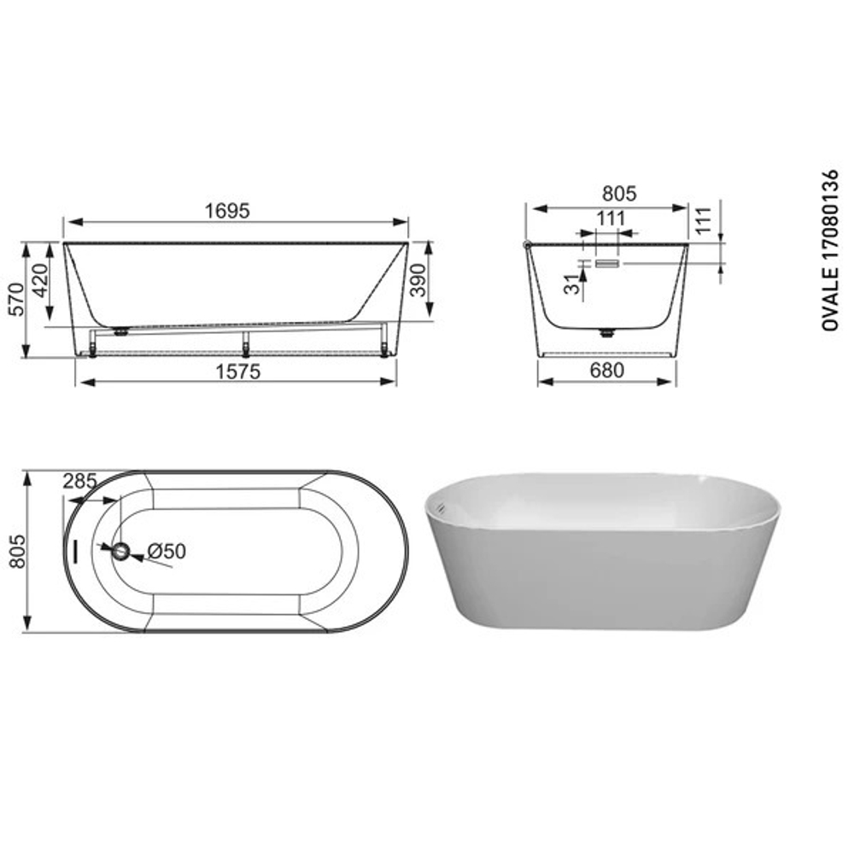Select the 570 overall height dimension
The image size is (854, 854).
[x=15, y=299]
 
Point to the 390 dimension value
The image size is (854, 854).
[x=419, y=278]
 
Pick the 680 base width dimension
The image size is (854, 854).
[x=605, y=370]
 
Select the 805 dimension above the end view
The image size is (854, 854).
[x=618, y=195]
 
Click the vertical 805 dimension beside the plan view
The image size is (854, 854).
[x=15, y=552]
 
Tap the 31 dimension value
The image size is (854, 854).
[x=571, y=284]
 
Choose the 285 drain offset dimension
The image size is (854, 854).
[x=79, y=482]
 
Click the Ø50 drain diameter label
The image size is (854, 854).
[x=166, y=552]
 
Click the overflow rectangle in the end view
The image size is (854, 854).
[x=605, y=265]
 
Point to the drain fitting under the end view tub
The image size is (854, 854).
[x=607, y=333]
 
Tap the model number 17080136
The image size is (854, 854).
[x=828, y=221]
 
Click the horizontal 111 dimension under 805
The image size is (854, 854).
[x=611, y=219]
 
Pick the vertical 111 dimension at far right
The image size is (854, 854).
[x=705, y=222]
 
